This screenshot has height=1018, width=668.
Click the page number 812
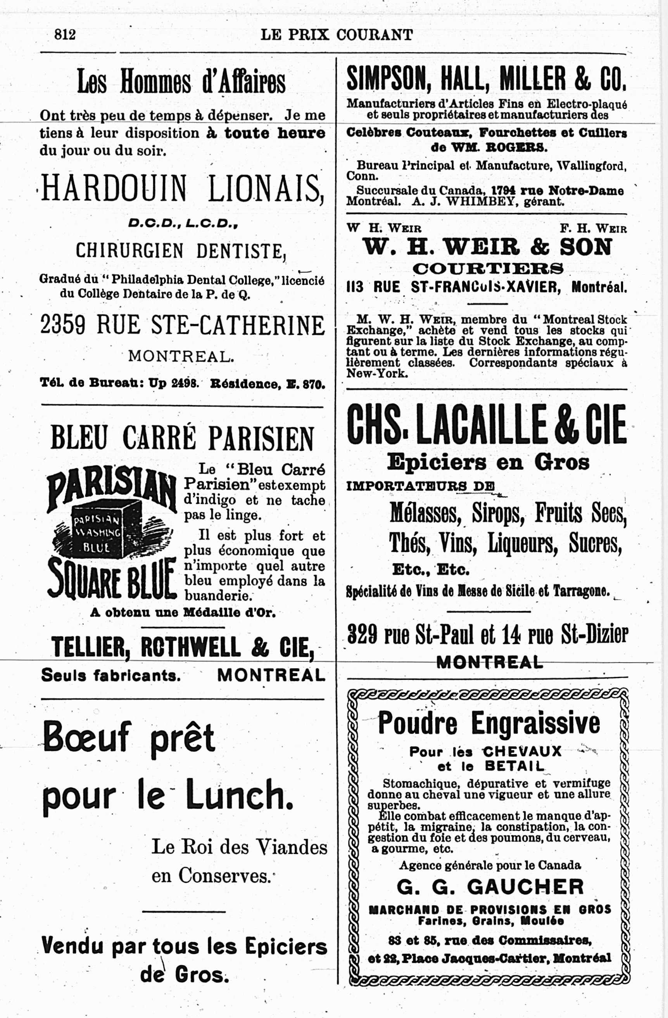tap(65, 34)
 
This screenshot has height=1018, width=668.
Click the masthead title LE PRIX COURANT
tap(337, 35)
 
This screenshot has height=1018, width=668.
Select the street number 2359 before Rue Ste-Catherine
tap(63, 325)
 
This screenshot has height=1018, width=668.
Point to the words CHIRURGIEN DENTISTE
tap(180, 251)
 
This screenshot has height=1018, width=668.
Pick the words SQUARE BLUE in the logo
tap(112, 578)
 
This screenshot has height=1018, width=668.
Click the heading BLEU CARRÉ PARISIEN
tap(182, 438)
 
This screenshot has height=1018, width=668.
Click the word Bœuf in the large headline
tap(86, 737)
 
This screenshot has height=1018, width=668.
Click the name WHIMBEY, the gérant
tap(480, 202)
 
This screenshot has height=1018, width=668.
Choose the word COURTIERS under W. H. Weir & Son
tap(488, 269)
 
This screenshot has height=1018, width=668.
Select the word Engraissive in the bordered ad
tap(535, 724)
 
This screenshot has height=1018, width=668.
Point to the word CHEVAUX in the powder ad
tap(522, 751)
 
